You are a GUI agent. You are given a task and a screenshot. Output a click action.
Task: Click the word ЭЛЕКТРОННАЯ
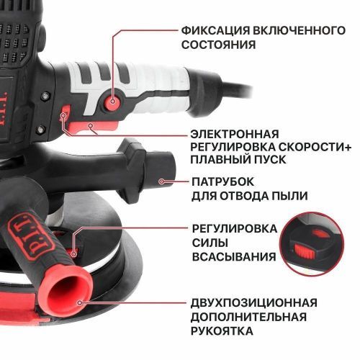coord(234,134)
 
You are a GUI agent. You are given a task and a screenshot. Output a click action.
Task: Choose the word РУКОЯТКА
coord(222,330)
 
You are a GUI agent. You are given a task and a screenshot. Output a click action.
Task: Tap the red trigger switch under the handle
coord(85,127)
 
